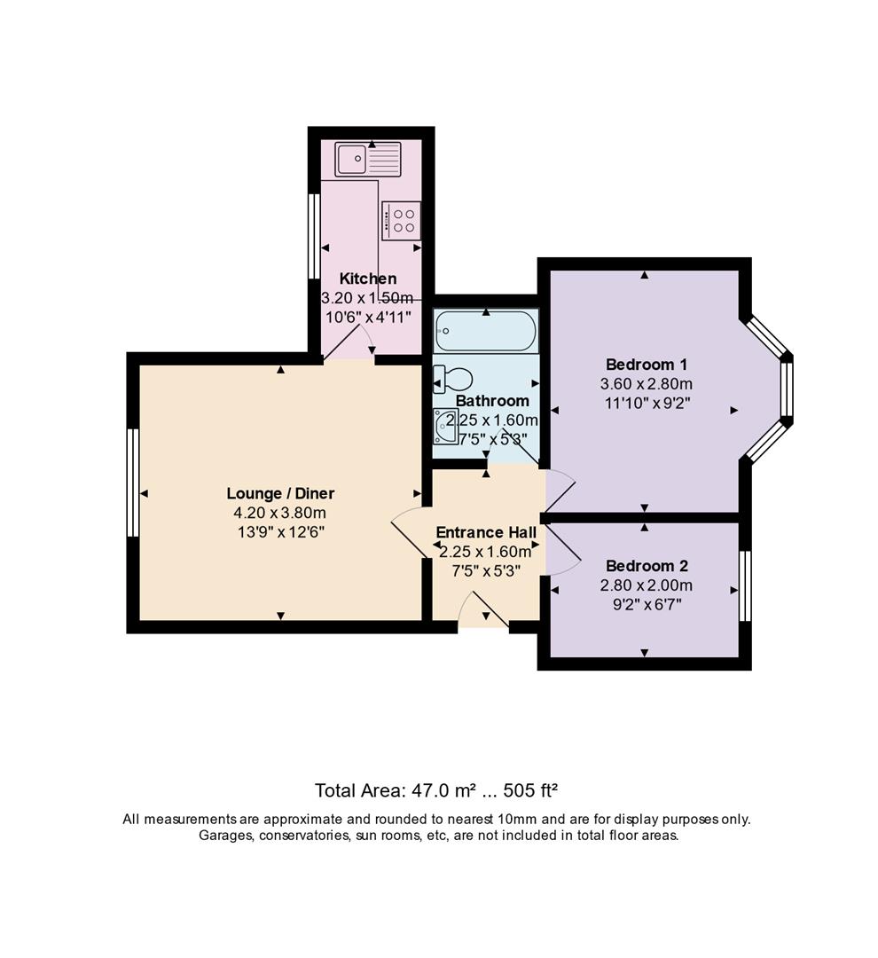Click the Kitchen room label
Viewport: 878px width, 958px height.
tap(368, 279)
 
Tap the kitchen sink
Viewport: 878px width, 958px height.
tap(368, 160)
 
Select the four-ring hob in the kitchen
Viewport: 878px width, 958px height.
tap(401, 221)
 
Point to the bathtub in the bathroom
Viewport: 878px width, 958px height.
tap(486, 331)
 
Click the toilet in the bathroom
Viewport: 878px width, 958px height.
tap(452, 379)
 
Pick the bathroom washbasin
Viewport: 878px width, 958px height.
tap(445, 426)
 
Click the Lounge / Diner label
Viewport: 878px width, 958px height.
tap(280, 494)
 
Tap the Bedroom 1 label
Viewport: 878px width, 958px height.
tap(647, 365)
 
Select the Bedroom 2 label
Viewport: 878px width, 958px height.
tap(647, 566)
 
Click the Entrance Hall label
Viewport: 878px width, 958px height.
tap(486, 532)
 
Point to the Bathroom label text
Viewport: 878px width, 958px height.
tap(492, 401)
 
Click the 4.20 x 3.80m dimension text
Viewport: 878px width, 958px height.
tap(280, 513)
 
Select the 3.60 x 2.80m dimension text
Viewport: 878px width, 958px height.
tap(647, 384)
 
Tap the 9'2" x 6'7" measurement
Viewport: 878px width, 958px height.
tap(647, 605)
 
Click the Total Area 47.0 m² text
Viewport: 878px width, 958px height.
tap(396, 790)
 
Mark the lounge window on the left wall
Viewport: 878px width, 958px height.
tap(133, 483)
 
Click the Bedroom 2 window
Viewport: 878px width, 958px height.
tap(745, 586)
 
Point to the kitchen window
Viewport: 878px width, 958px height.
tap(314, 237)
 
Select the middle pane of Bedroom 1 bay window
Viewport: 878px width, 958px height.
tap(787, 389)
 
